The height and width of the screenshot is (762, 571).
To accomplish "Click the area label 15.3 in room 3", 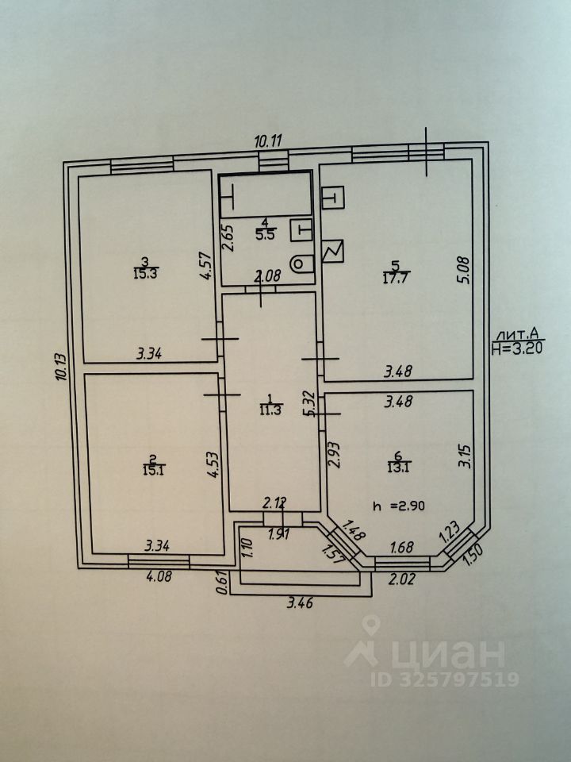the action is (x=145, y=275).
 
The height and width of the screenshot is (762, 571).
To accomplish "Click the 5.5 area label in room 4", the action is (x=265, y=234).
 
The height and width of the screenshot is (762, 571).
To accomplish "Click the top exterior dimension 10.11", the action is (x=268, y=141).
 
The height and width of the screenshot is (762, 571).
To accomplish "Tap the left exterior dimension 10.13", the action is (x=61, y=367).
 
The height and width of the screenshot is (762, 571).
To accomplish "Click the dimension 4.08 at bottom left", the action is (x=158, y=576).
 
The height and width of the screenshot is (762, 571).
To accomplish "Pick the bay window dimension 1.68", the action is (x=403, y=546).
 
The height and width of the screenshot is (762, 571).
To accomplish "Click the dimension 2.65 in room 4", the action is (x=228, y=238).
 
